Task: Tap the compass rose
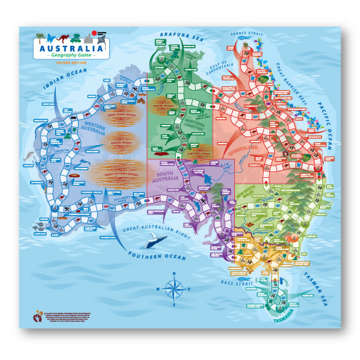point(173,288)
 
